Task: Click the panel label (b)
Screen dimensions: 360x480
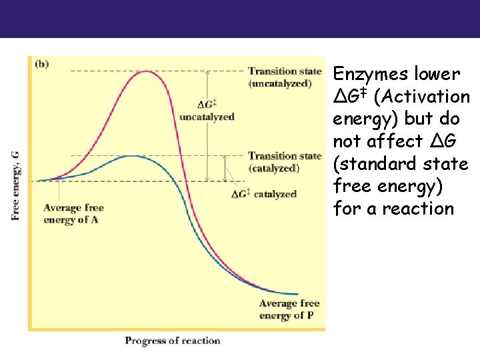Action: [41, 64]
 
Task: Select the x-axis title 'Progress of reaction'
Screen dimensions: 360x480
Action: [172, 341]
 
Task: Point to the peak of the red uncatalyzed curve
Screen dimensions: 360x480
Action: [147, 71]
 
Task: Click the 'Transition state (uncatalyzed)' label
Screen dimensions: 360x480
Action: [284, 77]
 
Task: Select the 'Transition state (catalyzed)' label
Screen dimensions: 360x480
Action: [284, 162]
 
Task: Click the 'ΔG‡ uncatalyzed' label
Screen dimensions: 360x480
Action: [207, 111]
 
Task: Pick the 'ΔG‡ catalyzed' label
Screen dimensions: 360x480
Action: [264, 194]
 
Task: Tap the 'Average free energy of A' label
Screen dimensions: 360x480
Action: [73, 214]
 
